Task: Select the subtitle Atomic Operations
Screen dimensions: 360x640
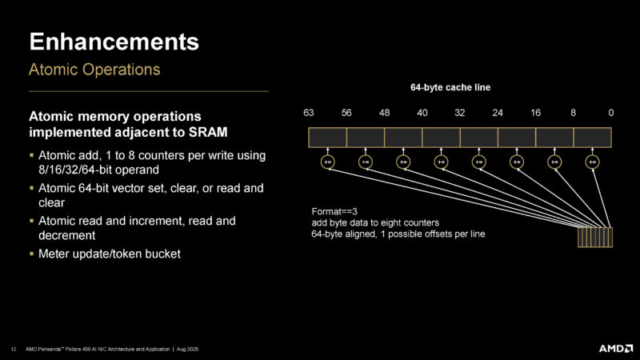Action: (94, 70)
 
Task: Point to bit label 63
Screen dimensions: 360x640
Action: (309, 113)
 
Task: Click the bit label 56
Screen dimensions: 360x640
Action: (346, 113)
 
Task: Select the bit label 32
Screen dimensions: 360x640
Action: (460, 113)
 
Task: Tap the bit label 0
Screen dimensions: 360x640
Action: (611, 113)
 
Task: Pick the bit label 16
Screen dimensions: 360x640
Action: (535, 113)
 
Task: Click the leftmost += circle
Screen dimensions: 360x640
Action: (328, 161)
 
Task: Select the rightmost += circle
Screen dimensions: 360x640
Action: (592, 161)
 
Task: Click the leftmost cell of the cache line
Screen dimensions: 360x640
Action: (328, 137)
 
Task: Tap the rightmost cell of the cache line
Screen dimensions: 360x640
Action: (593, 137)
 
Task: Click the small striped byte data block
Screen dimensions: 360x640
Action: (595, 238)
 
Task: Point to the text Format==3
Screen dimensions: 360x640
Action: (333, 211)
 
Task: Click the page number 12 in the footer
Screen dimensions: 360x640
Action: (14, 348)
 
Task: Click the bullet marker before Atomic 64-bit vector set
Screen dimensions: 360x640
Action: (31, 188)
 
